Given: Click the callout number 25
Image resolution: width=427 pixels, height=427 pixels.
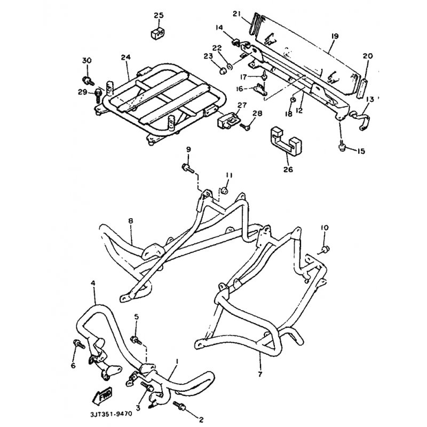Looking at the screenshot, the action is tap(159, 15).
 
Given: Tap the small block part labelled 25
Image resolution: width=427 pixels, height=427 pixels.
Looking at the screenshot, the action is tap(158, 33).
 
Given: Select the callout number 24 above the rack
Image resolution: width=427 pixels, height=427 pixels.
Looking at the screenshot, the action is tap(126, 57).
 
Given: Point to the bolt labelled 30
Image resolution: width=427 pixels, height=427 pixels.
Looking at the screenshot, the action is tap(88, 81).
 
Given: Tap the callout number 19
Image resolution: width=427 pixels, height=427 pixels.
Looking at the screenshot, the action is tap(335, 36).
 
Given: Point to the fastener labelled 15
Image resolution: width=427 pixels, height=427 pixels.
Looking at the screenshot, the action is tap(342, 147).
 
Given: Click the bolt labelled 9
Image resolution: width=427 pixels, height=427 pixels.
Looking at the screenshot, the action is tap(188, 168).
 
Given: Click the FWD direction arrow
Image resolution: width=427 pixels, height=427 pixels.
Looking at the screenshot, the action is tap(102, 394).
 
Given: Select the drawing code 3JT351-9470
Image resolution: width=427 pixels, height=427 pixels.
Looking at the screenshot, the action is tap(111, 414).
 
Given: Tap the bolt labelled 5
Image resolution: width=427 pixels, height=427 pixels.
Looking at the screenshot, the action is tap(136, 340).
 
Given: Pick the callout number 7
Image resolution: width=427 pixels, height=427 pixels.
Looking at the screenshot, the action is tap(260, 374).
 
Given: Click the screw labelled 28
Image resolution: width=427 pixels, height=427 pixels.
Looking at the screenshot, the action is tap(245, 126).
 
